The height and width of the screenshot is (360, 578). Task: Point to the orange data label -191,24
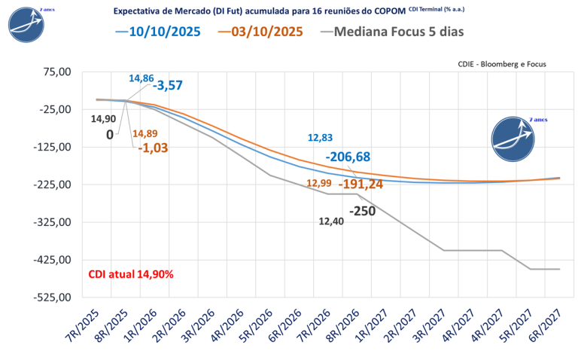pyautogui.click(x=360, y=184)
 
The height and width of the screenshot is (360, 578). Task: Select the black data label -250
pyautogui.click(x=362, y=212)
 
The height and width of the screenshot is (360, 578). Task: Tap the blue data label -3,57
pyautogui.click(x=168, y=85)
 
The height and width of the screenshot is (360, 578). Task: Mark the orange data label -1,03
pyautogui.click(x=153, y=148)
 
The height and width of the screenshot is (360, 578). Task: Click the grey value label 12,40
pyautogui.click(x=332, y=221)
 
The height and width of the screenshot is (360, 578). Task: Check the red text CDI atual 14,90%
pyautogui.click(x=131, y=274)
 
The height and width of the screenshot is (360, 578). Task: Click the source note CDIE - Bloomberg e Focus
pyautogui.click(x=501, y=65)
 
